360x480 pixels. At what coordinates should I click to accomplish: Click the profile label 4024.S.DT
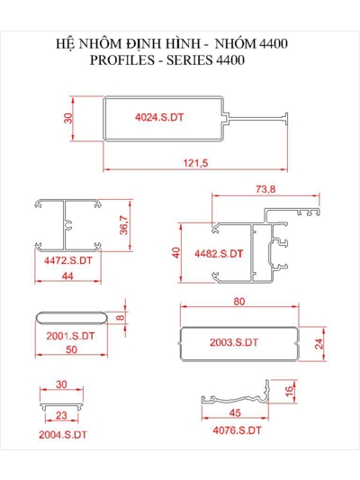(x=159, y=117)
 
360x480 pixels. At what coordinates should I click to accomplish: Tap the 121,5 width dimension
(x=195, y=163)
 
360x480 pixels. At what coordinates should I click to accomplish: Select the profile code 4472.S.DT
(x=67, y=260)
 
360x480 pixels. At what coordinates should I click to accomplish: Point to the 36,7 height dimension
(x=124, y=225)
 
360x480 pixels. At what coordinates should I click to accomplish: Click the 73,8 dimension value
(x=265, y=189)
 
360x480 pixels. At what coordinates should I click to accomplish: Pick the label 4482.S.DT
(x=219, y=253)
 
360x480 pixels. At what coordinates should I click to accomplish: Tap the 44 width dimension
(x=67, y=276)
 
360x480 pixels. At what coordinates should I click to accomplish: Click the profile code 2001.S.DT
(x=70, y=336)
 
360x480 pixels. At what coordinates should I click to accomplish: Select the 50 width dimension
(x=72, y=349)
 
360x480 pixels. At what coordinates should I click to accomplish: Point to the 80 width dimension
(x=239, y=302)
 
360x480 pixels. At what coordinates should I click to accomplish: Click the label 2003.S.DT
(x=234, y=342)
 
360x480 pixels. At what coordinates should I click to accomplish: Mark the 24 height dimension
(x=319, y=344)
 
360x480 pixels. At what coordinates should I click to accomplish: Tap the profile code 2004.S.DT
(x=63, y=435)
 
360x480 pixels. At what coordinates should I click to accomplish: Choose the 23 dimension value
(x=61, y=415)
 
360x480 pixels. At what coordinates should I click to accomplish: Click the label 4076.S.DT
(x=237, y=430)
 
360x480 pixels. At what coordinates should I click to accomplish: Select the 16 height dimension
(x=289, y=391)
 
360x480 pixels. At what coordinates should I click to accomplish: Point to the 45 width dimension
(x=235, y=413)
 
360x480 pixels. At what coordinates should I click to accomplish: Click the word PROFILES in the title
(x=122, y=60)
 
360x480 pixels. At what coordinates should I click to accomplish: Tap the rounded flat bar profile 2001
(x=72, y=318)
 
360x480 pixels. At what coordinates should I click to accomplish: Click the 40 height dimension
(x=176, y=253)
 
